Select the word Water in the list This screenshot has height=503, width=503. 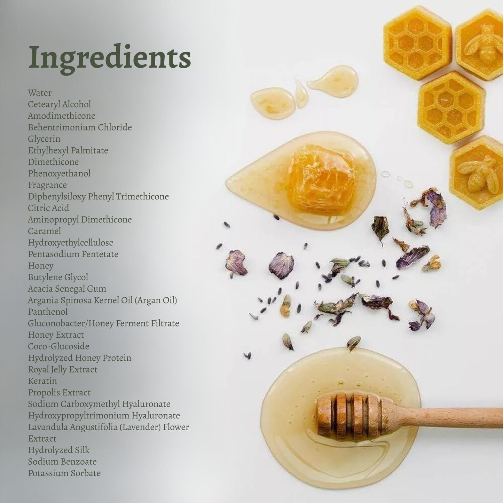(40, 93)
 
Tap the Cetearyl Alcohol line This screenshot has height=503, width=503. (60, 104)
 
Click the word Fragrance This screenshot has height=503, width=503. (47, 185)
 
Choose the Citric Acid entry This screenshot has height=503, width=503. (48, 208)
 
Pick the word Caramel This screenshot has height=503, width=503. (44, 231)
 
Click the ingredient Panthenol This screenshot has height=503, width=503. (48, 312)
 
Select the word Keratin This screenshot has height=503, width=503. (42, 381)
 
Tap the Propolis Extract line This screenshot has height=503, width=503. (59, 393)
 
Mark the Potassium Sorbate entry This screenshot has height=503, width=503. (64, 473)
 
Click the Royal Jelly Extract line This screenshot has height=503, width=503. (63, 370)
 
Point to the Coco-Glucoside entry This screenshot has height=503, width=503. (58, 346)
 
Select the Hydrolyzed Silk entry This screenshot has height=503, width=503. (59, 450)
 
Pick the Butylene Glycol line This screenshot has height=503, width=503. (58, 277)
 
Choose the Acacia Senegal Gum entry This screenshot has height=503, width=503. (67, 289)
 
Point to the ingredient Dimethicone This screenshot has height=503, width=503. (53, 162)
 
